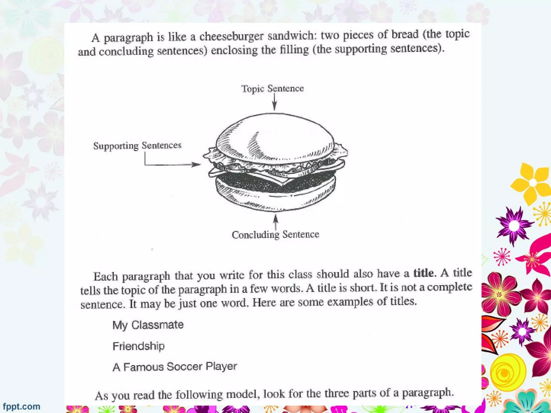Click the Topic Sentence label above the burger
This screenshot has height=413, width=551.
(272, 88)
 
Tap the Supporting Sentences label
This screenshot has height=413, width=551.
(137, 145)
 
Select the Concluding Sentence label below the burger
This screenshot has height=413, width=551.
(275, 234)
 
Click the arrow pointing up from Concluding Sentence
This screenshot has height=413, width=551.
(275, 222)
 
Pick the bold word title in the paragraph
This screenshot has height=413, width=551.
(423, 273)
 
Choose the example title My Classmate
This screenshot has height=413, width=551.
(148, 325)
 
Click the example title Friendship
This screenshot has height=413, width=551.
(138, 346)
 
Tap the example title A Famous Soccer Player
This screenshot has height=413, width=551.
(175, 366)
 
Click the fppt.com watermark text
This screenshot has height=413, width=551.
(22, 406)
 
